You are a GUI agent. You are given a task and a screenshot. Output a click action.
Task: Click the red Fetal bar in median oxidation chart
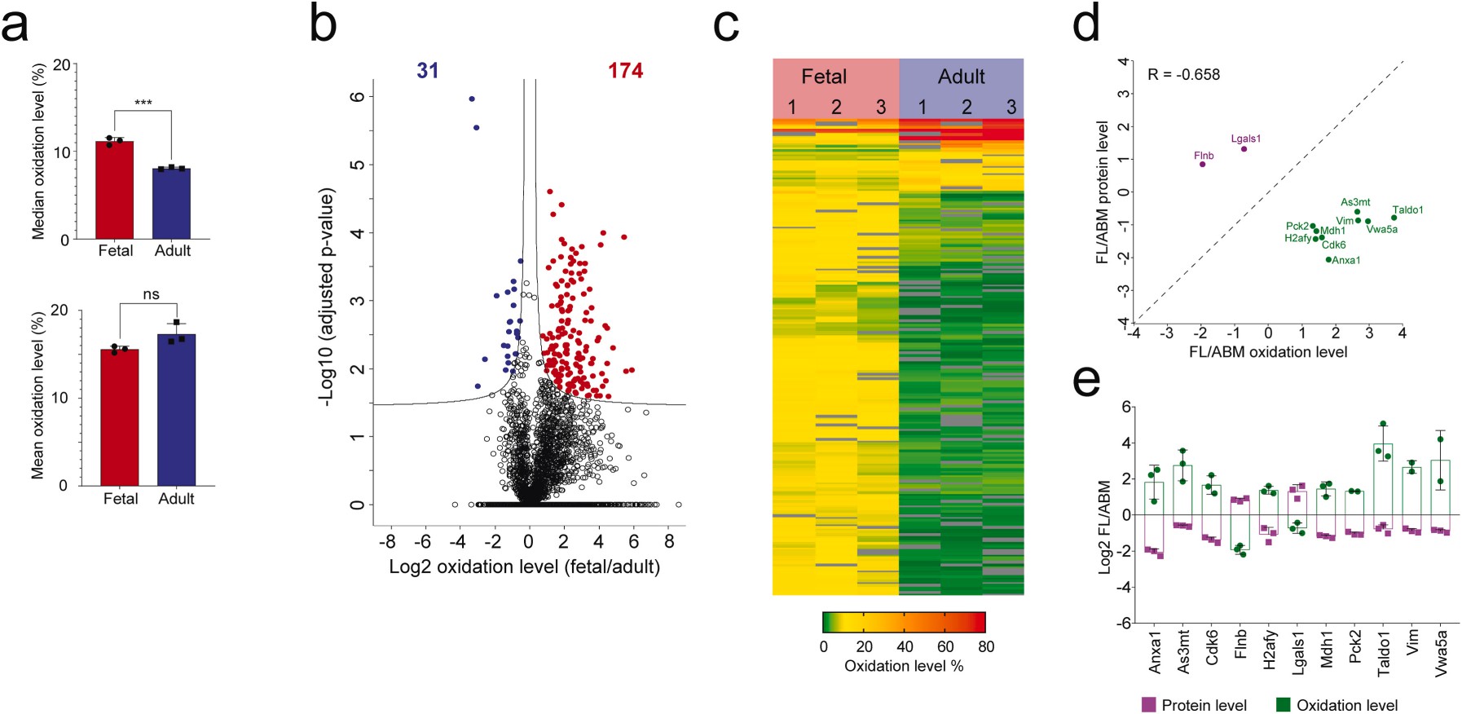(x=114, y=192)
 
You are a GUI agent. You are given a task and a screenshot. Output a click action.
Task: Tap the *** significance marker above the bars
(x=143, y=103)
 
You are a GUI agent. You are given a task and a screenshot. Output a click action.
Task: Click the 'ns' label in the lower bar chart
(x=151, y=294)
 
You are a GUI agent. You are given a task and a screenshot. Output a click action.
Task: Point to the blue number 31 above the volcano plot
(x=428, y=71)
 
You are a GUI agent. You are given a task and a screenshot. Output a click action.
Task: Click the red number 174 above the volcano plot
(x=625, y=71)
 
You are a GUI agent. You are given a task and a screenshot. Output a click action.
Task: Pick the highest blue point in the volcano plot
(x=471, y=99)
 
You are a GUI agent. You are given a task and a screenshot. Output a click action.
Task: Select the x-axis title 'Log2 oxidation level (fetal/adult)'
(x=524, y=566)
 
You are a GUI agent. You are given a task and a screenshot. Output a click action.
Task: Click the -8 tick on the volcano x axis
(x=387, y=541)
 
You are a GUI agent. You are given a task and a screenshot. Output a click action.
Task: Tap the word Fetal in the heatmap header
(x=824, y=77)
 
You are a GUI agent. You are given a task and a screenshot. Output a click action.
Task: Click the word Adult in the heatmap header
(x=962, y=77)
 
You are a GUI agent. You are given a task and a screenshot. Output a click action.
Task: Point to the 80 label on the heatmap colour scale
(x=986, y=646)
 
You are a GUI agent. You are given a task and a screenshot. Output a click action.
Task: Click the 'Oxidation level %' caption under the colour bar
(x=904, y=666)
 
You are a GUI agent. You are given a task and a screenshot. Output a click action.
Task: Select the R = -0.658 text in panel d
(x=1183, y=75)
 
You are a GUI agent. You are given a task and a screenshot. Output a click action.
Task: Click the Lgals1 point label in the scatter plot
(x=1246, y=139)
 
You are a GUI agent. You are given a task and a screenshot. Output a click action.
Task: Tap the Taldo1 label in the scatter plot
(x=1407, y=209)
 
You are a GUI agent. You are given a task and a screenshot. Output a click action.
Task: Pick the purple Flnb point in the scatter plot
(x=1202, y=164)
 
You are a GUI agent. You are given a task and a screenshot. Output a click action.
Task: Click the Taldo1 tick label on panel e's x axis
(x=1384, y=652)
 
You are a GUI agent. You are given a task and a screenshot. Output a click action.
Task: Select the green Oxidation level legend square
(x=1283, y=704)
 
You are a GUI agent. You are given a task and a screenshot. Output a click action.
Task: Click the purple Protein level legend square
(x=1148, y=704)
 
